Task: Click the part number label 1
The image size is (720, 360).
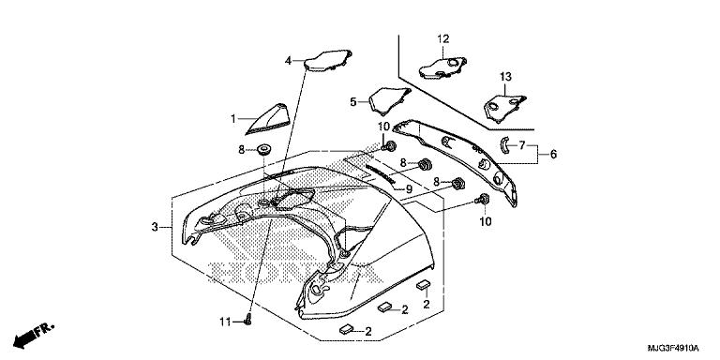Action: click(x=233, y=119)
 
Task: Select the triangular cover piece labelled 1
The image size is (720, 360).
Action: click(x=270, y=120)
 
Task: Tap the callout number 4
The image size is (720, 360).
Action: click(x=288, y=60)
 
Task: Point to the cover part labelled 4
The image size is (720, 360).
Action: click(x=328, y=61)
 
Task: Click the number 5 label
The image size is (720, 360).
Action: click(x=353, y=102)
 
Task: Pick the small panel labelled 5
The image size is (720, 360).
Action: click(x=389, y=100)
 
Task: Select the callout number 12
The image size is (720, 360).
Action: click(x=443, y=39)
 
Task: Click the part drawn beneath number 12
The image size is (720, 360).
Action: click(x=442, y=67)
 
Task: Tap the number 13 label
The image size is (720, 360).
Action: click(x=505, y=77)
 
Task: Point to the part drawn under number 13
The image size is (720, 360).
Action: click(x=504, y=109)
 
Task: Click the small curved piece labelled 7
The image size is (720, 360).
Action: click(x=503, y=146)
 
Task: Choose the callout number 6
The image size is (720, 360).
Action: click(x=553, y=155)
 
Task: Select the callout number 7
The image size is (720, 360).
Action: click(x=522, y=145)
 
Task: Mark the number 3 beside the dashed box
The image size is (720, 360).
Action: click(x=155, y=227)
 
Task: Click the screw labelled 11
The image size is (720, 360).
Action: click(x=248, y=319)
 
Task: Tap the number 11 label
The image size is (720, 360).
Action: click(x=224, y=322)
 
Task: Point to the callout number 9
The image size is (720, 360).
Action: click(x=409, y=188)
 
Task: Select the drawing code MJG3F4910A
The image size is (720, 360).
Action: click(x=673, y=348)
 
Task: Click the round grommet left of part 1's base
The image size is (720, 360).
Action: click(x=263, y=149)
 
